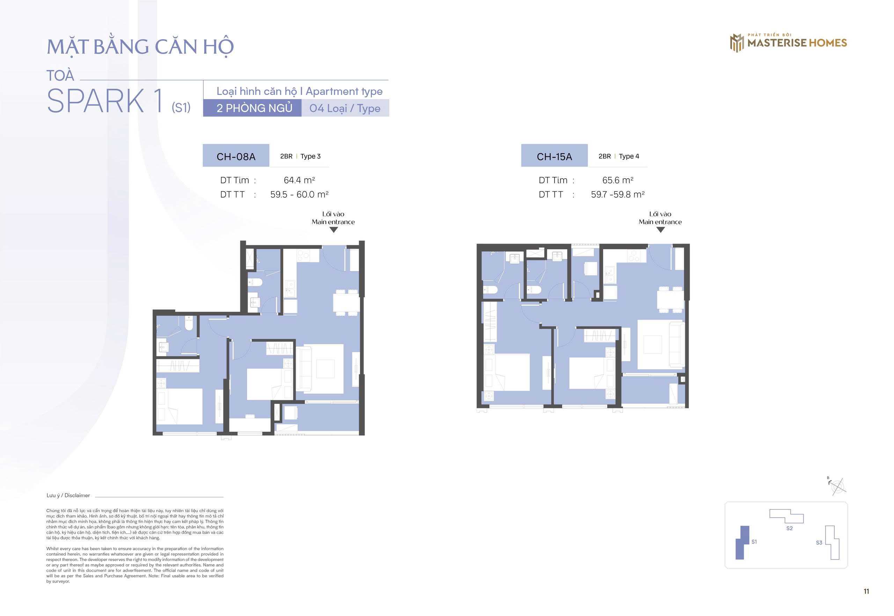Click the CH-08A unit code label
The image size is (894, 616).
236,156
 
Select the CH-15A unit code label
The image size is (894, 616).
554,156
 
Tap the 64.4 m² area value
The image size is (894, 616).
299,180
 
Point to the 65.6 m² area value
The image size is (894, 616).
617,180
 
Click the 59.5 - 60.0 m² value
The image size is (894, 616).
299,194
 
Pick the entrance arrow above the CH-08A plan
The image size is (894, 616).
334,230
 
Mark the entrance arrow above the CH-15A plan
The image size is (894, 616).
660,230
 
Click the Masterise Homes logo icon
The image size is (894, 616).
737,43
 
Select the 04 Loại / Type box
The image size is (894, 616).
345,108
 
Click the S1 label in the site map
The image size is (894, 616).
754,542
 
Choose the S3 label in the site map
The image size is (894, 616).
819,543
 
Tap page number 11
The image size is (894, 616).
866,591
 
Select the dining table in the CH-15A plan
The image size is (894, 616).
670,299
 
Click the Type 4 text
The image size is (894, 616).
629,156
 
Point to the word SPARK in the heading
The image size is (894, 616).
95,101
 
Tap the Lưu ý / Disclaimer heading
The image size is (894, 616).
68,495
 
